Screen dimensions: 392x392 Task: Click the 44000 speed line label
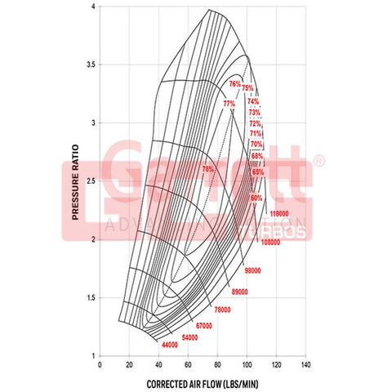170,345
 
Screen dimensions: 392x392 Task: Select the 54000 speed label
189,336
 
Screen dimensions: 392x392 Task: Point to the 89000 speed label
240,292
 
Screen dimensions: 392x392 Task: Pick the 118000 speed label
280,213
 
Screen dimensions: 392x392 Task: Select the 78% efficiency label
208,168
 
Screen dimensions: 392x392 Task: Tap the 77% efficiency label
229,104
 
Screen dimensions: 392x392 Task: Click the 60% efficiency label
256,198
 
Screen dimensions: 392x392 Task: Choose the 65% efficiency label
258,172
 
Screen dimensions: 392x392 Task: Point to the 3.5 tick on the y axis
92,64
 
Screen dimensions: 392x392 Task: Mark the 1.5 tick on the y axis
92,297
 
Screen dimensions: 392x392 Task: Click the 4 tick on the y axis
95,6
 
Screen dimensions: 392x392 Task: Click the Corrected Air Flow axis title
202,383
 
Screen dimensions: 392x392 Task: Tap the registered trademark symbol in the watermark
319,162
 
